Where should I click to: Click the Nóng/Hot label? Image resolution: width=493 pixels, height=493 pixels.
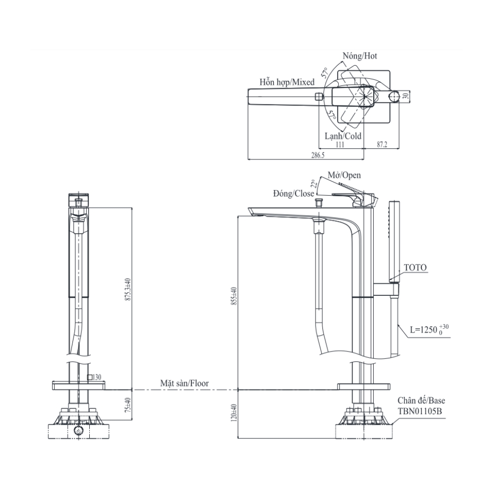360,56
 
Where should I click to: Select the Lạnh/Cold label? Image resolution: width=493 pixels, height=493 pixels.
343,136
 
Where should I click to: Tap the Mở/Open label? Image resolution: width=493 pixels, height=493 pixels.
345,175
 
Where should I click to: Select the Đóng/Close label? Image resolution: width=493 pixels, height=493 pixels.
293,193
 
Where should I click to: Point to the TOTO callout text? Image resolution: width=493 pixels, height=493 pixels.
415,268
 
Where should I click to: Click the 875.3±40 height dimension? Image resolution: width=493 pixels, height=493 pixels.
128,289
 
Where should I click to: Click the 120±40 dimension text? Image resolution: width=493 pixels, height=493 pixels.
234,413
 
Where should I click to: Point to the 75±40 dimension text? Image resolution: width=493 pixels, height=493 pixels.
128,406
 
